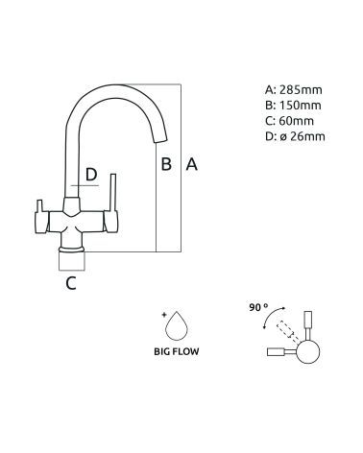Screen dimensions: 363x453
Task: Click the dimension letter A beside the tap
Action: pos(191,164)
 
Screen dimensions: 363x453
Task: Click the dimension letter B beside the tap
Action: pos(166,164)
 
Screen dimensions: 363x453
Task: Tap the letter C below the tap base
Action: pos(71,283)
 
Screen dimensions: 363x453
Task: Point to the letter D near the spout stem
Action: pos(91,175)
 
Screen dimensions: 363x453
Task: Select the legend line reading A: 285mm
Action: pos(293,90)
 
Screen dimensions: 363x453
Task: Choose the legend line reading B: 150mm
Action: pos(293,106)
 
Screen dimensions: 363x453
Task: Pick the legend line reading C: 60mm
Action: pos(290,121)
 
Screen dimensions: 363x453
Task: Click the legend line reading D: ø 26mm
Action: pos(295,136)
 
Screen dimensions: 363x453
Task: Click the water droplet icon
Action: pos(176,326)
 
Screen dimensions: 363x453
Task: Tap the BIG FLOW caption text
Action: pos(177,351)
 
